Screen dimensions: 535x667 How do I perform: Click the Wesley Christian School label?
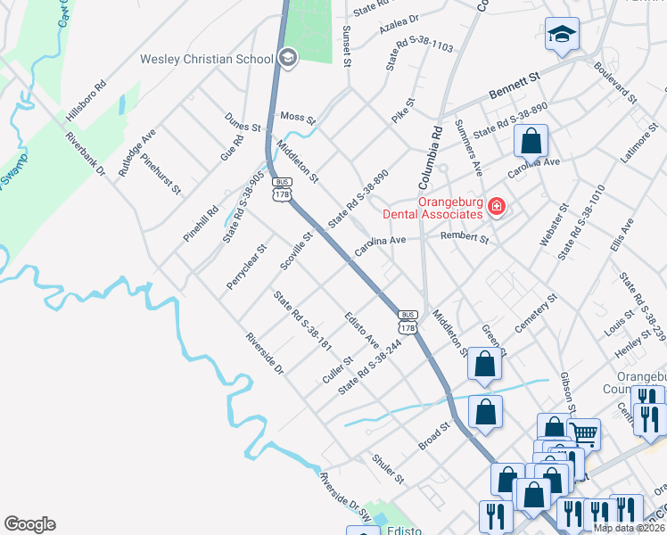coord(206,60)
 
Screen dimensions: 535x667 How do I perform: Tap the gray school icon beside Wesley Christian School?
coord(287,60)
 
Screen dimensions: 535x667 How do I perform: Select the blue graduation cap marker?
coord(561,36)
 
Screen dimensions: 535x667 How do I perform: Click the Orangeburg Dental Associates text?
coord(432,207)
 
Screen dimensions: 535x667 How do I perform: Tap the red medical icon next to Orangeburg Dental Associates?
coord(497,208)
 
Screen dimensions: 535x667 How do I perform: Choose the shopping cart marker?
coord(583,434)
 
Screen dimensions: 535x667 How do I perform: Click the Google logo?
coord(29,524)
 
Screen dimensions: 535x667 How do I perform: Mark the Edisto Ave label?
coord(362,329)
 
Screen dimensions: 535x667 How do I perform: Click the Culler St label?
coord(337,372)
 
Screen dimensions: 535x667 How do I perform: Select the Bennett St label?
coord(515,86)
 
